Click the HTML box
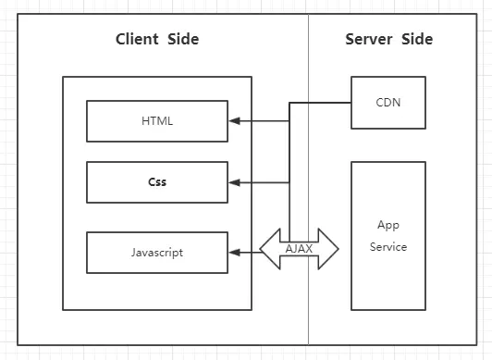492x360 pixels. click(157, 121)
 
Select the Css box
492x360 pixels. click(157, 182)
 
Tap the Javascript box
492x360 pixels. click(157, 252)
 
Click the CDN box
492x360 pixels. click(388, 103)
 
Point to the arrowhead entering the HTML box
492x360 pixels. click(235, 121)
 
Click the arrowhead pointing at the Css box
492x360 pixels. click(235, 183)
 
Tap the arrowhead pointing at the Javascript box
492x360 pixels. click(235, 252)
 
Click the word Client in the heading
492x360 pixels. click(138, 39)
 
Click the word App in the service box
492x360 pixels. click(387, 225)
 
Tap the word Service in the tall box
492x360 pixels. click(388, 247)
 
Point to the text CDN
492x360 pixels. click(388, 103)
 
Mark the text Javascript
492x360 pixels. click(157, 252)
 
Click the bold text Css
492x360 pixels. click(157, 182)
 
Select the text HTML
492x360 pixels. click(157, 121)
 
